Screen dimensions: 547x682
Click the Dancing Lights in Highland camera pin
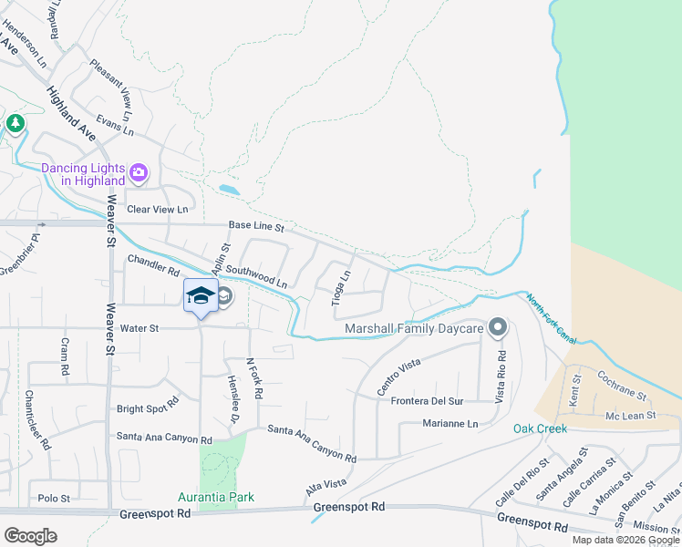click(139, 172)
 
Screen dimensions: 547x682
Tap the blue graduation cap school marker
click(201, 295)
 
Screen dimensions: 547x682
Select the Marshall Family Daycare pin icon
click(497, 327)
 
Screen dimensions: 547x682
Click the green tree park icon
click(15, 123)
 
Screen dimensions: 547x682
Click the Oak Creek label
click(540, 428)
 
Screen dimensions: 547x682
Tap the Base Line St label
click(257, 225)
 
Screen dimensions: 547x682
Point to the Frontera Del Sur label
click(427, 401)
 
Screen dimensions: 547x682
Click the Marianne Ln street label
click(449, 424)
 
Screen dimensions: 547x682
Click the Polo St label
click(54, 499)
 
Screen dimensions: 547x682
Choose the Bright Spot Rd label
click(147, 409)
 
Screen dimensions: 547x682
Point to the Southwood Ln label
click(256, 277)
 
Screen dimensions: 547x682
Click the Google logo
click(30, 535)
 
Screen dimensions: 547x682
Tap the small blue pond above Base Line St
click(229, 190)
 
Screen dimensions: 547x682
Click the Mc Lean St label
click(630, 416)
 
